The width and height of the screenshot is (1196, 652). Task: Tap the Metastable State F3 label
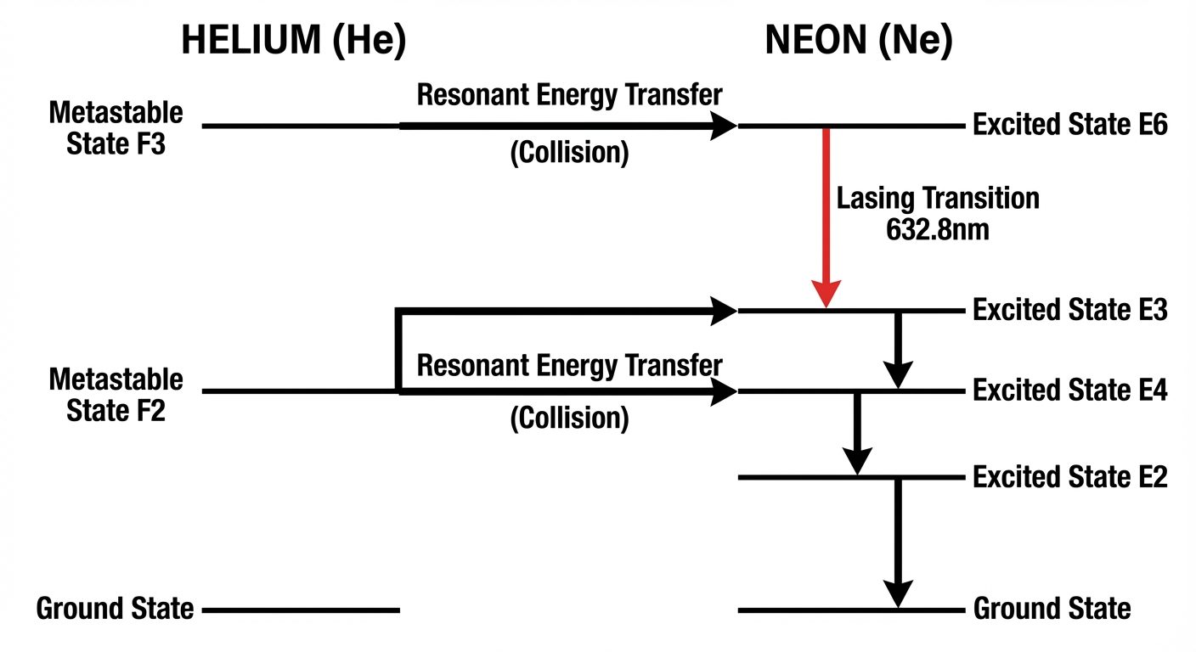[116, 126]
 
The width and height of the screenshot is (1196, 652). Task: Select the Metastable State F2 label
[116, 394]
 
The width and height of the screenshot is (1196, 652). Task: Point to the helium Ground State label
[115, 609]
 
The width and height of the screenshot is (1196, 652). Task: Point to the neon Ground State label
[1052, 609]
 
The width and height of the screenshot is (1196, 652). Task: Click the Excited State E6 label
[1070, 126]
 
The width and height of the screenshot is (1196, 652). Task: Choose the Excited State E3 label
[1070, 311]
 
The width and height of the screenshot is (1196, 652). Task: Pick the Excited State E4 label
[1070, 391]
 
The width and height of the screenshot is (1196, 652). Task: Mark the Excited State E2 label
[1070, 477]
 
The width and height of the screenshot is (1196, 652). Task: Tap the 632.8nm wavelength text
[937, 229]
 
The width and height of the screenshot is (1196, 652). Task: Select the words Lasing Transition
[938, 199]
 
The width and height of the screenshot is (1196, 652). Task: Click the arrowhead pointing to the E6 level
[723, 126]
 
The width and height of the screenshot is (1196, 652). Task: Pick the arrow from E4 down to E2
[857, 433]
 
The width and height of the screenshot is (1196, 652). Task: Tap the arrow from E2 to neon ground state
[898, 543]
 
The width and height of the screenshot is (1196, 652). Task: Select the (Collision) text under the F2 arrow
[569, 419]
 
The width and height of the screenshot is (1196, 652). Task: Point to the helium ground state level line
[301, 610]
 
